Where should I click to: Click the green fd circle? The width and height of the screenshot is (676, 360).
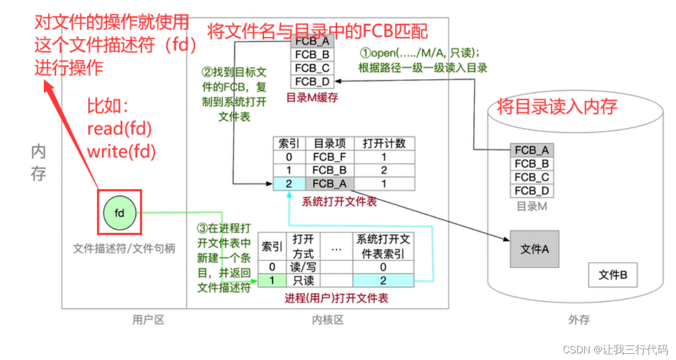point(120,213)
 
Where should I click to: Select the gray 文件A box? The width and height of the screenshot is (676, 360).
point(534,249)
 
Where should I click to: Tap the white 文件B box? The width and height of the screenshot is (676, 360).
point(612,275)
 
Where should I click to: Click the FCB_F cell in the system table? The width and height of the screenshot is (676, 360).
point(330,157)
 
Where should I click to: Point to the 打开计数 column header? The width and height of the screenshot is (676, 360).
point(384,143)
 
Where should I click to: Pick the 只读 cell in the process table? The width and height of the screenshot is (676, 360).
point(303,281)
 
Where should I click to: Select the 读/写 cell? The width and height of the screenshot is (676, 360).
point(303,267)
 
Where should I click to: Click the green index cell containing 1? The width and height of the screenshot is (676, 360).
point(271,281)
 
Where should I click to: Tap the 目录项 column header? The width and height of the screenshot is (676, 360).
point(330,143)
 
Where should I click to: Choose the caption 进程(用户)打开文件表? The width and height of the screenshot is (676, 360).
point(336,298)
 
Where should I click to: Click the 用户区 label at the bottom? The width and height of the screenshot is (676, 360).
point(148,320)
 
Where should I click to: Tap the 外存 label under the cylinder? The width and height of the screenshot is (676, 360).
point(579,320)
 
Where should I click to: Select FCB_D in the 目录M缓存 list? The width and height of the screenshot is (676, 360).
point(312,81)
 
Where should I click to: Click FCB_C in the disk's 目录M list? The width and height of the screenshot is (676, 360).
point(532,178)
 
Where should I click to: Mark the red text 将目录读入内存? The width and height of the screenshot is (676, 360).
point(557,106)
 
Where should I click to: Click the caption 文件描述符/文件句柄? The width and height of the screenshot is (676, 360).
point(124,248)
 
